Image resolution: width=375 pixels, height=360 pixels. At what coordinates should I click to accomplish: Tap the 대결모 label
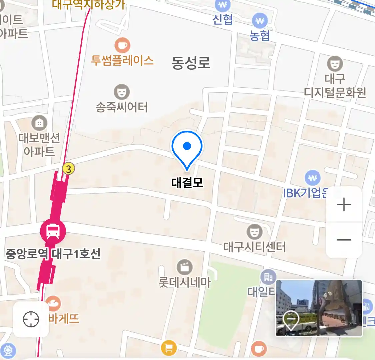(187, 183)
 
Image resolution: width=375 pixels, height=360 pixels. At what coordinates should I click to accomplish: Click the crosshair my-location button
(31, 319)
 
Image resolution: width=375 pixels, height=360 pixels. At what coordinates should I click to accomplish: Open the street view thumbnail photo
(319, 308)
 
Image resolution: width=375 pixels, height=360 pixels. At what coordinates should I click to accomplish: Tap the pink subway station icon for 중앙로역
(53, 231)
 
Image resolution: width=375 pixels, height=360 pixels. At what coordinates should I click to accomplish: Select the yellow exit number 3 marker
(68, 169)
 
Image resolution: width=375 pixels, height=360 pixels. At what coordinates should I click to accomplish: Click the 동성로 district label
(191, 63)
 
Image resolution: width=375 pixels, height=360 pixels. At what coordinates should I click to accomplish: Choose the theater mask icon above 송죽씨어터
(122, 91)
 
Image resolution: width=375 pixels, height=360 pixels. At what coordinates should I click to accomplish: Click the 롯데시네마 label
(185, 283)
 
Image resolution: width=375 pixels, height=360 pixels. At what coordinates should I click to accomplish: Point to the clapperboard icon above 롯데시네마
(185, 267)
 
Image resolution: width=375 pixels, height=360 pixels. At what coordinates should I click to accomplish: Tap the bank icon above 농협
(260, 21)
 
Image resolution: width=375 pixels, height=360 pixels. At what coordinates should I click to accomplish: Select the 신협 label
(223, 20)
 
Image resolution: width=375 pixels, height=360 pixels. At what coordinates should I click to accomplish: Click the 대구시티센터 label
(254, 247)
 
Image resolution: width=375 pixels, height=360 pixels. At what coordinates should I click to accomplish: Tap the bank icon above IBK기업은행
(312, 178)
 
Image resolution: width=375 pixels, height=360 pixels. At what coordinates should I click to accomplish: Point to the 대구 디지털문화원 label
(335, 85)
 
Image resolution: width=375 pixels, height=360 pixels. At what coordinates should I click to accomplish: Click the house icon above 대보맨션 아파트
(39, 123)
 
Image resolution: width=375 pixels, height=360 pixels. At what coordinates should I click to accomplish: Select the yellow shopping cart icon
(169, 348)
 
